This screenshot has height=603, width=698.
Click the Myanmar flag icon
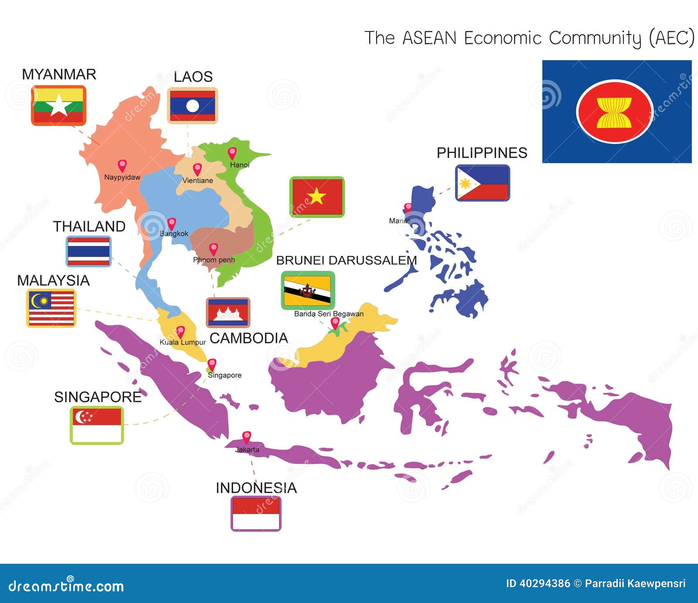(x=58, y=106)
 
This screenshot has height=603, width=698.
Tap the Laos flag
(x=192, y=106)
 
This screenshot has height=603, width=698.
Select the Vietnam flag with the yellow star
(x=317, y=197)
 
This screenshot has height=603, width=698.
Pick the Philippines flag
(x=482, y=183)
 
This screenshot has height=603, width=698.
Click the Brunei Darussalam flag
(x=308, y=290)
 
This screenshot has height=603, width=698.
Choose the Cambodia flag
(x=228, y=313)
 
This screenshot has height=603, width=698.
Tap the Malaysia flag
(x=51, y=308)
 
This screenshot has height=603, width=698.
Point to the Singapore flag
(x=97, y=425)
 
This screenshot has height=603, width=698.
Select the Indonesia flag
(x=256, y=514)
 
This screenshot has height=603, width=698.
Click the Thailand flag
(x=89, y=251)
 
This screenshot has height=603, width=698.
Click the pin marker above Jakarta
(x=246, y=437)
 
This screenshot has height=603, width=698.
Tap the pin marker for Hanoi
(x=232, y=153)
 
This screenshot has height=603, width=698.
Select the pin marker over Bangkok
(x=172, y=224)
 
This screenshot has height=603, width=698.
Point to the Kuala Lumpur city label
(x=182, y=342)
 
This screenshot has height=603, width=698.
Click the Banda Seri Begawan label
(x=328, y=314)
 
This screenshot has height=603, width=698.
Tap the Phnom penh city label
(x=214, y=260)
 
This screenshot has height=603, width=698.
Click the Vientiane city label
(x=198, y=181)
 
